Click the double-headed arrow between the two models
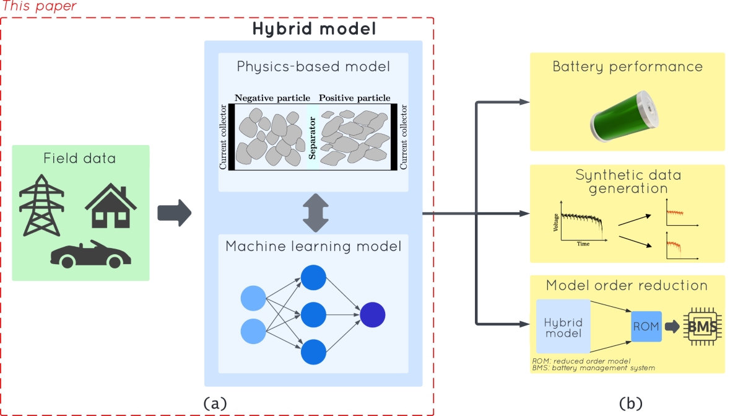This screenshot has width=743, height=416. click(313, 213)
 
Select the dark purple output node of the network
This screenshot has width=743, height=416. click(373, 314)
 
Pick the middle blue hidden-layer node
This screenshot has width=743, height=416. click(313, 314)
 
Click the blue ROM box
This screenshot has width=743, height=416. click(646, 326)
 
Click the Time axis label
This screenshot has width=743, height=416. click(583, 244)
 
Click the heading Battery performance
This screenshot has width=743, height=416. click(627, 66)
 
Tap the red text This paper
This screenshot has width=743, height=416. click(40, 6)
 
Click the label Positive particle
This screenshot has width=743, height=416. click(354, 98)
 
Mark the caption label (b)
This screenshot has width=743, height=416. click(630, 404)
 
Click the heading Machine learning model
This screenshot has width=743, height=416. click(313, 246)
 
